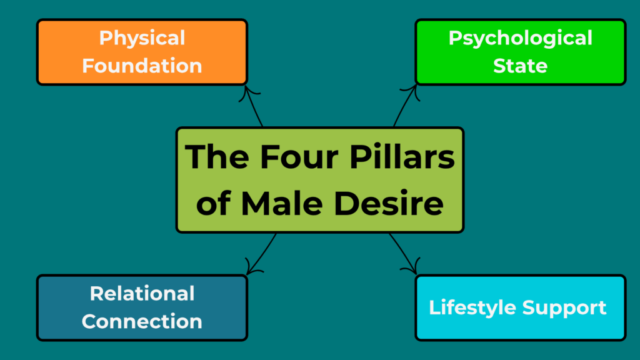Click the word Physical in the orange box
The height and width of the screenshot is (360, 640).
pos(142,38)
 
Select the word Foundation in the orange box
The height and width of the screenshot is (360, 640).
pos(142,66)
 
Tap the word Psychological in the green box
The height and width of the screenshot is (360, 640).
pos(520,38)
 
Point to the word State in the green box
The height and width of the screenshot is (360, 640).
pos(520,66)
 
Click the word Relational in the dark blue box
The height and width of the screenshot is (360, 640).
pos(142,293)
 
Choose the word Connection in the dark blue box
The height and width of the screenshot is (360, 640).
pos(142,321)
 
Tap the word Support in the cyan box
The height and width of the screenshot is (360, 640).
pos(565,307)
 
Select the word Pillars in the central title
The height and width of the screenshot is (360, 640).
pos(404,157)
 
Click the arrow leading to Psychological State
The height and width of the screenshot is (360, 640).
pos(404,107)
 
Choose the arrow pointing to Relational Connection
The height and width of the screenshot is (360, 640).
pos(262,254)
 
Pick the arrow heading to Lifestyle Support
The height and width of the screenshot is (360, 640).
pos(403,252)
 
